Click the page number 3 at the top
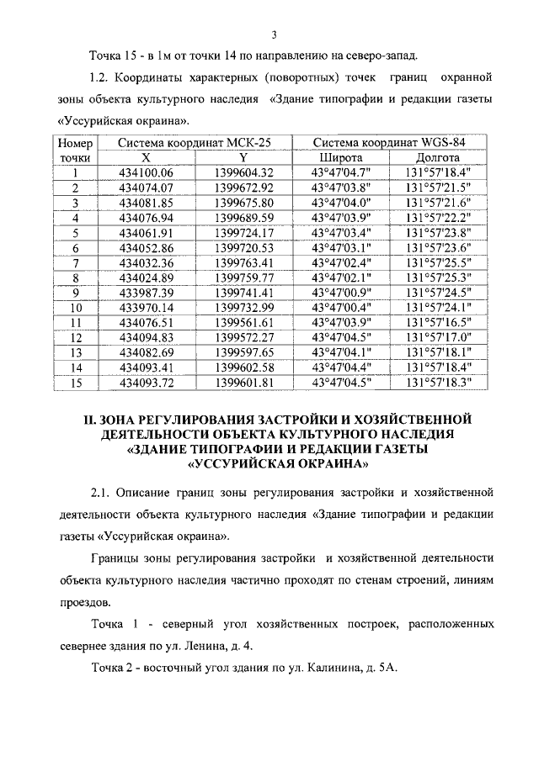[x=275, y=34]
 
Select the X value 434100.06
[x=146, y=172]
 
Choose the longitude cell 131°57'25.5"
[x=438, y=262]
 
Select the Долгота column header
[x=438, y=157]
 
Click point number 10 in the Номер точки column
[x=76, y=308]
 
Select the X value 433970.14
[x=146, y=308]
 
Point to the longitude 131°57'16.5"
[x=438, y=323]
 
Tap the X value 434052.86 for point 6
[x=146, y=247]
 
